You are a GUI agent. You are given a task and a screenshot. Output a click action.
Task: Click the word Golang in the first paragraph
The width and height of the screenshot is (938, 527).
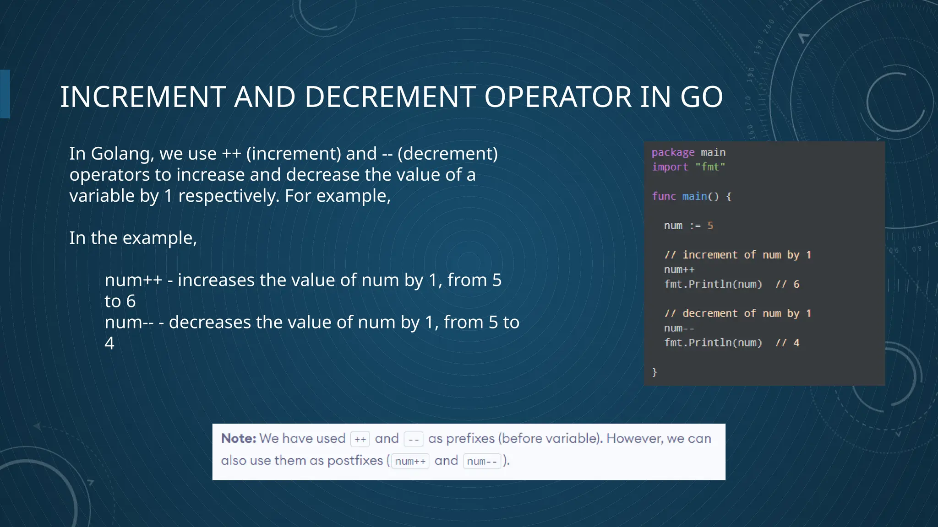coord(121,154)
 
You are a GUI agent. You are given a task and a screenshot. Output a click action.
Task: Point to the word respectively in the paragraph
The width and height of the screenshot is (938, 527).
coord(228,196)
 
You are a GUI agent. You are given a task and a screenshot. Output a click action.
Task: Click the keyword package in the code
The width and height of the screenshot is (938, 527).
coord(673,152)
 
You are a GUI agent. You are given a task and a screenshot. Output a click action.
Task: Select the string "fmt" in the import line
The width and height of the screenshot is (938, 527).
coord(710,167)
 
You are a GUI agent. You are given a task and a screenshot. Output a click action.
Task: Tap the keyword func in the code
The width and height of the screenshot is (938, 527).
coord(664,196)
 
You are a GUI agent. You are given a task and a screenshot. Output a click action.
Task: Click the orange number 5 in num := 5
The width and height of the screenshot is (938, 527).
coord(710,226)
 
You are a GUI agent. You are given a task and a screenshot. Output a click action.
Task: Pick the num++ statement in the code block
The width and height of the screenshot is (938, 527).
coord(679,269)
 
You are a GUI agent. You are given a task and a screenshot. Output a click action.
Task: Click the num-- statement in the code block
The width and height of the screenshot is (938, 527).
coord(679,328)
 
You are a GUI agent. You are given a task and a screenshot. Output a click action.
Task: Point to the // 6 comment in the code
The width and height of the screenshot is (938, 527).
coord(787,284)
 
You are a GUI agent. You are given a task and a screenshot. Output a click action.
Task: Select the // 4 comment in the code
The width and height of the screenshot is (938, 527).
coord(787,343)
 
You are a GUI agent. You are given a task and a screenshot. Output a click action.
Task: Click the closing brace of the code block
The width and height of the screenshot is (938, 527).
coord(654,372)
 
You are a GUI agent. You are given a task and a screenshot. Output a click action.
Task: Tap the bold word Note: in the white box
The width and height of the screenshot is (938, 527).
coord(239,438)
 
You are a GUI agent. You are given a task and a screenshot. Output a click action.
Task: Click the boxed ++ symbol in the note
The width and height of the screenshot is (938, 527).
coord(360,439)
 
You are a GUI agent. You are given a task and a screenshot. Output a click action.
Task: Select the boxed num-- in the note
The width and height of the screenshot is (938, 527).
coord(482,461)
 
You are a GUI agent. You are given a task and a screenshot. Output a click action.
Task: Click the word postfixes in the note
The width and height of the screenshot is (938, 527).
coord(355,460)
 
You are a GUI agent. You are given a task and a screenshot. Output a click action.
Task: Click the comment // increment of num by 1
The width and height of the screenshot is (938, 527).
coord(737,255)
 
